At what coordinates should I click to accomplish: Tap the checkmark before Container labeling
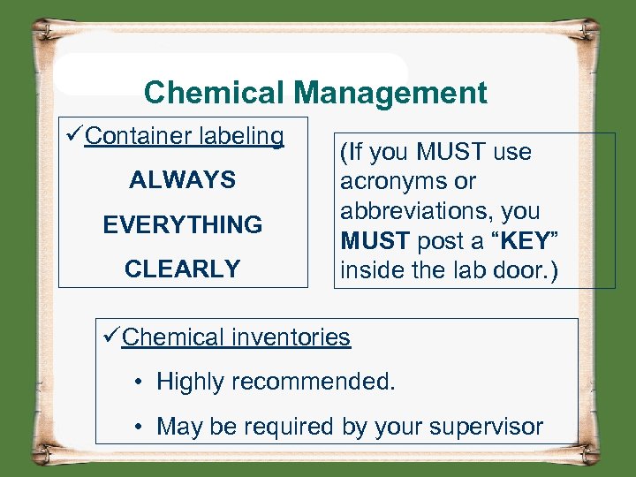74,137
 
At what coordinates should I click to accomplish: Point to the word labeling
242,137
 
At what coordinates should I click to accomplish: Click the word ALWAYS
183,181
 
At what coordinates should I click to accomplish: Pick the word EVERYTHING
183,225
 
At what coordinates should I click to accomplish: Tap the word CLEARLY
183,269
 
